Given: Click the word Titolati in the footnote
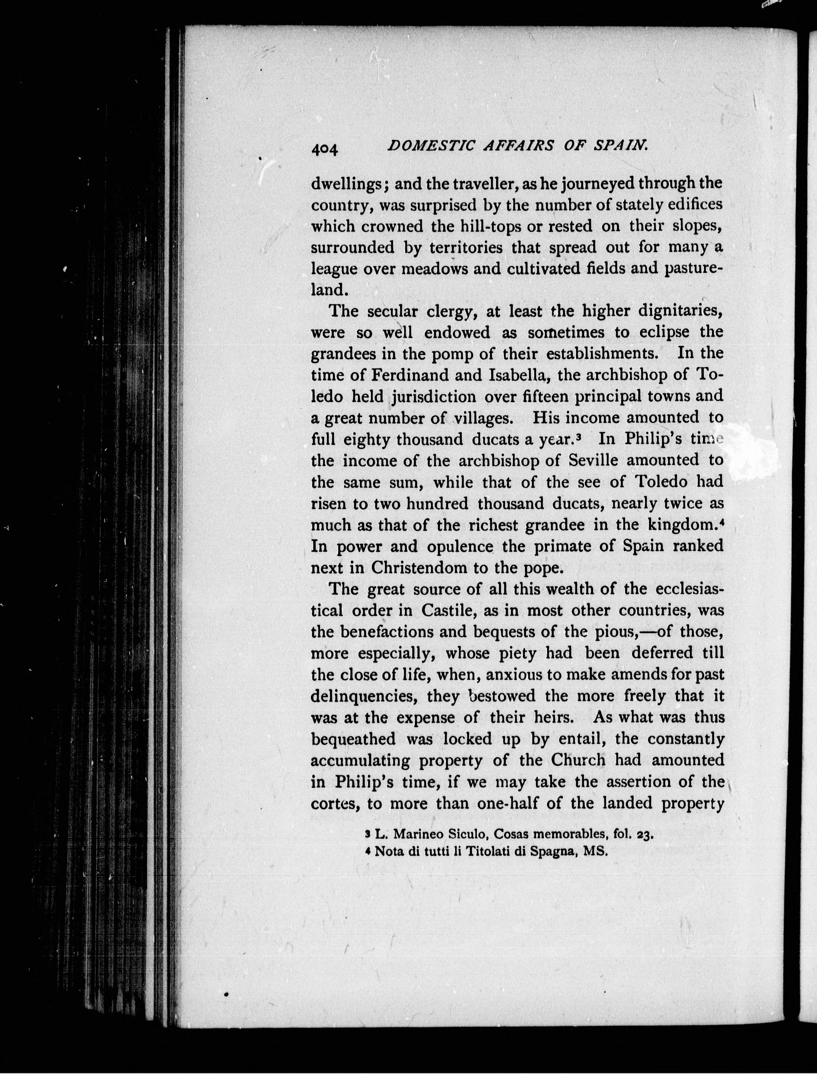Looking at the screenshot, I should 486,852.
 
